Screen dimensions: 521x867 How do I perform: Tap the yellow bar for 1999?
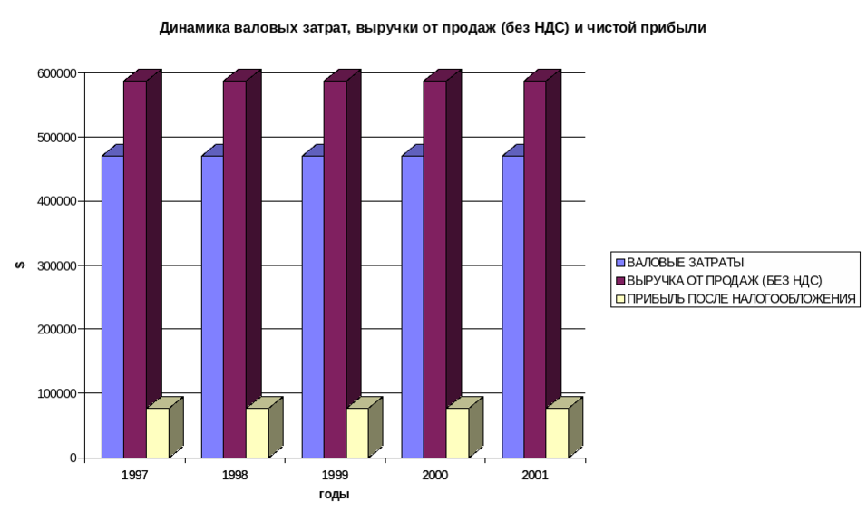(x=357, y=432)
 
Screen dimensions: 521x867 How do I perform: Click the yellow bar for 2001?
(x=557, y=432)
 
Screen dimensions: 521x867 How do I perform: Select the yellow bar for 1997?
(x=157, y=432)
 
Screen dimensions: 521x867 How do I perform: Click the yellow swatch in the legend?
(x=620, y=298)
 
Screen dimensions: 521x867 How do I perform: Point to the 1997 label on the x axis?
(x=135, y=475)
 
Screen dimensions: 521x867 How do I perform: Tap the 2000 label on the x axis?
(x=435, y=475)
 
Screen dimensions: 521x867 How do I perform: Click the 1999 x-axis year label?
(x=336, y=475)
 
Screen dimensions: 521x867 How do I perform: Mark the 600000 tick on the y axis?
(x=57, y=72)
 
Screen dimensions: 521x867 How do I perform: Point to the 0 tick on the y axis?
(x=73, y=458)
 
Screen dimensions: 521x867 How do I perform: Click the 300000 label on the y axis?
(x=57, y=265)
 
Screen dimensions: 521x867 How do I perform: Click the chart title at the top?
(x=433, y=28)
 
